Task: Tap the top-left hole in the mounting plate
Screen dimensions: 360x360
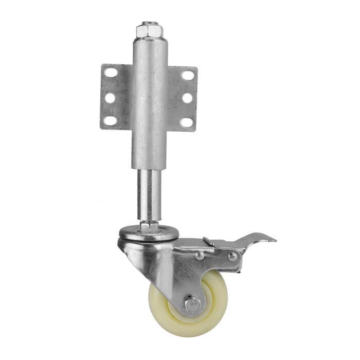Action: pos(111,73)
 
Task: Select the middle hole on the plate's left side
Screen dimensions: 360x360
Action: pos(110,97)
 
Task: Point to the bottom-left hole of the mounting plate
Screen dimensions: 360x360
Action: pos(110,121)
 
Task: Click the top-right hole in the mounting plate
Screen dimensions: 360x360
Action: pos(188,75)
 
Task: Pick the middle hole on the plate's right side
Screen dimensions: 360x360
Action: pos(187,98)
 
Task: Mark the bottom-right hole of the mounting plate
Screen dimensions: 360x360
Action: pos(187,122)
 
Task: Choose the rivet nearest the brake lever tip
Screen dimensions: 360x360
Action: pos(232,256)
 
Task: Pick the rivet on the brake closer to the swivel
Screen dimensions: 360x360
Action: pos(200,255)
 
